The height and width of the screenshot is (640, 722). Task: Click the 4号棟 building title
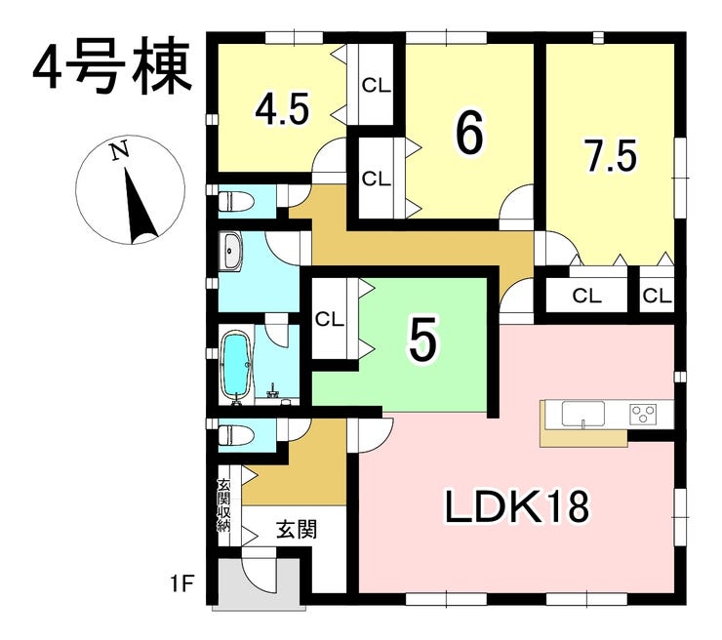[x=112, y=65]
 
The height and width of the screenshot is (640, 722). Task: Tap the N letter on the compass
[x=119, y=151]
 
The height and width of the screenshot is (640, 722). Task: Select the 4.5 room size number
[x=282, y=110]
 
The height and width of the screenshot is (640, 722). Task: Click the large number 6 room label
[x=469, y=133]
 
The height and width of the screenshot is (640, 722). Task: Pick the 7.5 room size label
[x=610, y=156]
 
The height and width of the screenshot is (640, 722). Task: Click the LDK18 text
[x=517, y=506]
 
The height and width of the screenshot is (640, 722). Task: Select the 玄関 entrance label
[x=297, y=529]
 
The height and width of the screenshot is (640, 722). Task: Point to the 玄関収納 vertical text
[x=223, y=506]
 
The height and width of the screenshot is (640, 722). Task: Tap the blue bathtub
[x=237, y=365]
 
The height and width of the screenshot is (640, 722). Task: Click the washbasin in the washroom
[x=231, y=251]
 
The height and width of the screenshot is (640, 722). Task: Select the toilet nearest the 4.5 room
[x=235, y=201]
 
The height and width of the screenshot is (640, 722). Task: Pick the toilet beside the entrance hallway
[x=235, y=434]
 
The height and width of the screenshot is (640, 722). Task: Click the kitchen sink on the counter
[x=582, y=414]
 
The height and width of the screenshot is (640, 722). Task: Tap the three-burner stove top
[x=643, y=413]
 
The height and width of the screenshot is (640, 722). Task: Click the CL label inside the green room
[x=329, y=319]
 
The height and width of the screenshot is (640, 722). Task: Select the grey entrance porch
[x=260, y=583]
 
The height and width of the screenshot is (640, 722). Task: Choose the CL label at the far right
[x=657, y=296]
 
